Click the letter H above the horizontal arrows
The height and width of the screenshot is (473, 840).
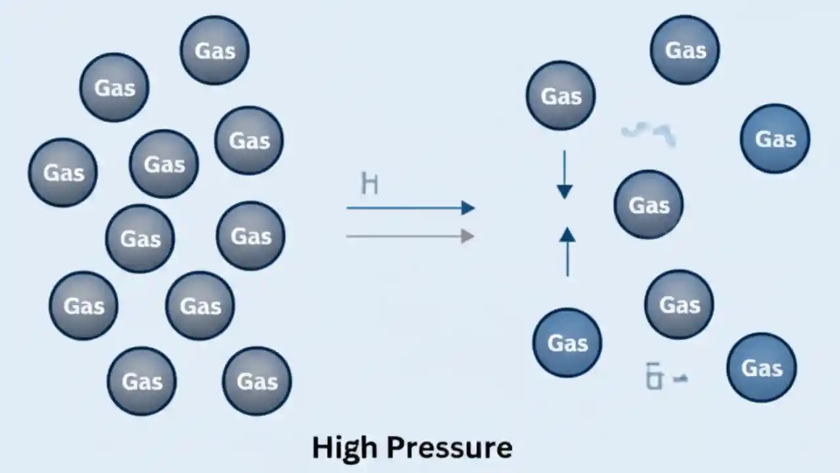click(x=369, y=184)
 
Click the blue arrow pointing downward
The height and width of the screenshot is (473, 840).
click(x=564, y=175)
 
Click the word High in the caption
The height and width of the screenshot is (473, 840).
click(x=345, y=448)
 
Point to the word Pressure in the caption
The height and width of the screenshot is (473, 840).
click(x=450, y=448)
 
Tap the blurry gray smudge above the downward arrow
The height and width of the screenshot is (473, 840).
click(x=648, y=134)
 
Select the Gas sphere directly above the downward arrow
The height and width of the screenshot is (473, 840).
click(x=560, y=96)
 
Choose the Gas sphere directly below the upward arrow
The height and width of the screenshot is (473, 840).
click(x=567, y=343)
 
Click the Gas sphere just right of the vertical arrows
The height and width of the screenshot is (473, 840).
click(x=648, y=205)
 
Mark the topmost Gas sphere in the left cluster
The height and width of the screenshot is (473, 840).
click(x=215, y=51)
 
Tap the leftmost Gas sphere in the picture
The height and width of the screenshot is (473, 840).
click(x=63, y=173)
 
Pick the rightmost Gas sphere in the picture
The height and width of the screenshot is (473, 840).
click(x=775, y=139)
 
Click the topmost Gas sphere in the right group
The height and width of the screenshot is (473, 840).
click(x=684, y=51)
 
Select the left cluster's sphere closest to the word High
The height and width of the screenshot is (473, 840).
click(x=257, y=381)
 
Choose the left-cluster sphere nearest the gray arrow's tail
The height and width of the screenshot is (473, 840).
click(x=251, y=236)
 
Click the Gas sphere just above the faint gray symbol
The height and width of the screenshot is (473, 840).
click(x=679, y=305)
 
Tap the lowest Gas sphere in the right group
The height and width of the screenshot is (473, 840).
click(x=761, y=368)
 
